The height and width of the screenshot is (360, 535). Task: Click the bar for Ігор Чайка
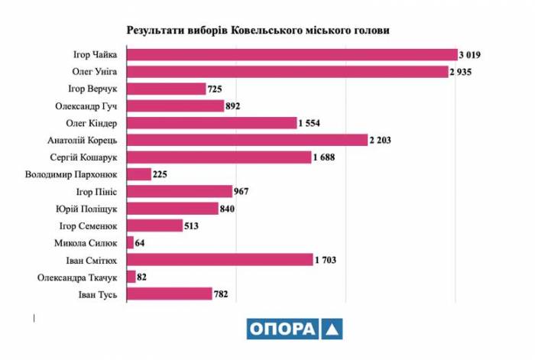click(x=291, y=54)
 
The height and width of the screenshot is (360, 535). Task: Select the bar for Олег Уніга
click(x=287, y=72)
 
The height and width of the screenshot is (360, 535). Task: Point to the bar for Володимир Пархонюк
click(x=138, y=174)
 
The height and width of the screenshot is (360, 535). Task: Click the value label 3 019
click(x=472, y=54)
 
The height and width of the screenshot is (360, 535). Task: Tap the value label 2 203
click(x=381, y=140)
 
